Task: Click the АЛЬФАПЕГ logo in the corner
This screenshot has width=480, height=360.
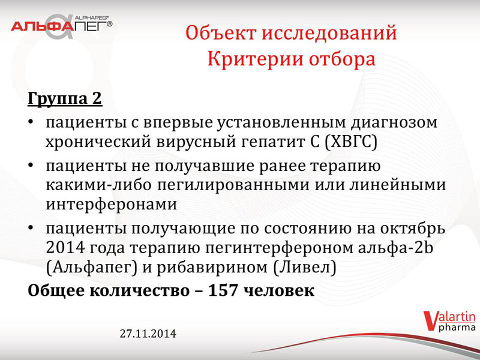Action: [x=62, y=26]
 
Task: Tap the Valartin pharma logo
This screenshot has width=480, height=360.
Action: [x=449, y=321]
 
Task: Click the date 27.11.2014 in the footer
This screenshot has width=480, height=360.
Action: [x=148, y=334]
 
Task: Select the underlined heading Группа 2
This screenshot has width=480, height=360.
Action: [x=65, y=98]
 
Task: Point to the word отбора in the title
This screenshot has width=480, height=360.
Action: [x=342, y=59]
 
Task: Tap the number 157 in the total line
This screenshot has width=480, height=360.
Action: [x=223, y=290]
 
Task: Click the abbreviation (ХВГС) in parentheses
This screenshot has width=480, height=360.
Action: [x=351, y=142]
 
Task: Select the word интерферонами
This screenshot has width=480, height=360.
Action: [x=112, y=204]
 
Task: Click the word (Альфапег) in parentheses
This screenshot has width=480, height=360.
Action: [x=92, y=268]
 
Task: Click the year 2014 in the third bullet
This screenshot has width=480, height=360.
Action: [x=65, y=248]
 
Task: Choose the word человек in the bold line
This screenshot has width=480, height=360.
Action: [x=280, y=290]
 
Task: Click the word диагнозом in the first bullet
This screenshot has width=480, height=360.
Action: [x=394, y=123]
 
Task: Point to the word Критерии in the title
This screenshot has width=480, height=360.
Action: [x=256, y=59]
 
